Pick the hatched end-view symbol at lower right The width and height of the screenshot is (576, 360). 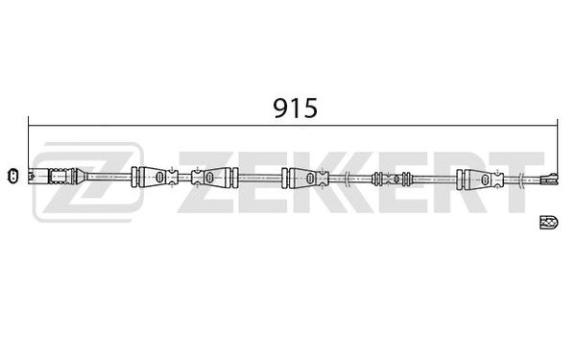tap(549, 222)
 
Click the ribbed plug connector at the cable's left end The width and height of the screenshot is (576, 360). tap(53, 177)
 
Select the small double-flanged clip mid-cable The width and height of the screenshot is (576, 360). tap(391, 178)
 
